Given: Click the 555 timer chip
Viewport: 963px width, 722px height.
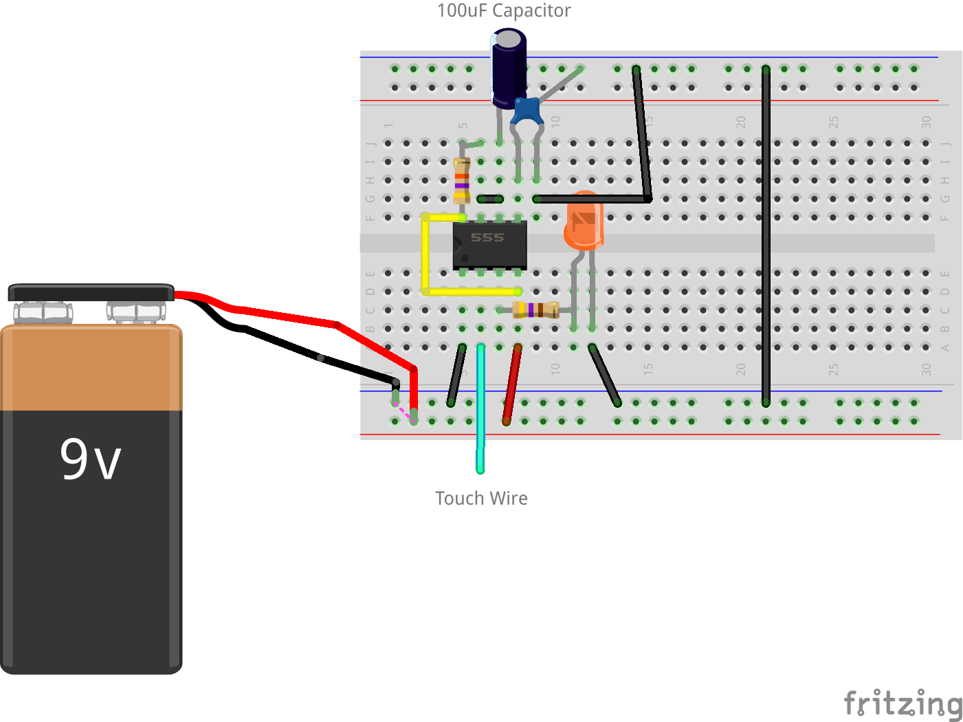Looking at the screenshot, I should pos(489,245).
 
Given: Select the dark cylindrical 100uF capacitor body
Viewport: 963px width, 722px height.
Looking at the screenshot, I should pos(509,69).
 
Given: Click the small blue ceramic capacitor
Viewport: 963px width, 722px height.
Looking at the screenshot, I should pos(527,110).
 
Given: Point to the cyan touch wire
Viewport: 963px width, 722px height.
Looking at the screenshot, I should pos(480,413).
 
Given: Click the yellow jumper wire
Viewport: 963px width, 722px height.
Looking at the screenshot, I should pos(425,254).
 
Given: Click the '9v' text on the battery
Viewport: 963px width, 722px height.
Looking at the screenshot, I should pos(90,459).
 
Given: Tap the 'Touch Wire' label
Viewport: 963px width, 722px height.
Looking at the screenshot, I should pos(481,499).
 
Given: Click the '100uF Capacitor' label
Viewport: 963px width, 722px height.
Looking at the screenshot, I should pos(504,11).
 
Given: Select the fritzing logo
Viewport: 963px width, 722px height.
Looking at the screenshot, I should pos(903,703).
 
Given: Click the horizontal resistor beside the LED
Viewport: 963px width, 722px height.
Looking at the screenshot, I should pos(536,310).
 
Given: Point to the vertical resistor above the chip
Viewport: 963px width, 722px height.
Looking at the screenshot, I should pos(462,180).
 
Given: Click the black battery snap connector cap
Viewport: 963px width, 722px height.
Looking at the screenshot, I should pos(91,292).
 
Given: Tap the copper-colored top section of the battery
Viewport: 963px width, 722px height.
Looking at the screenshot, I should pos(91,368).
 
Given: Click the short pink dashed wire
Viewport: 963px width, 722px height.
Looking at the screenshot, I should pos(404,411).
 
